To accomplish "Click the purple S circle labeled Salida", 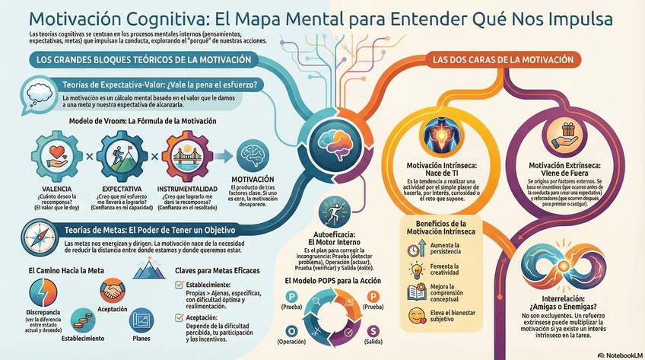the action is pos(373,330).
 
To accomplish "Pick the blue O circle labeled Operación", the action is pos(291,330).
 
